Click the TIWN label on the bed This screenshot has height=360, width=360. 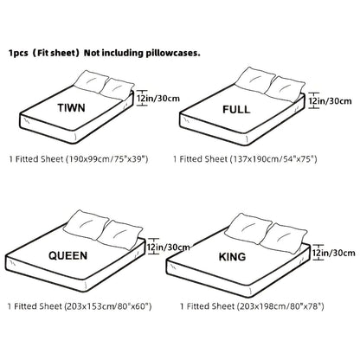(71, 108)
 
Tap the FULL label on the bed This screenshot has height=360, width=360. (236, 110)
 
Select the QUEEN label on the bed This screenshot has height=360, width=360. (67, 255)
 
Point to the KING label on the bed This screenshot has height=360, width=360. (232, 257)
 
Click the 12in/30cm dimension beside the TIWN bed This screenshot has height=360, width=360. (158, 99)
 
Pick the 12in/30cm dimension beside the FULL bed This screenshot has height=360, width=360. (331, 101)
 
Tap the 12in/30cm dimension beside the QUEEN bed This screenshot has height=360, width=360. (169, 247)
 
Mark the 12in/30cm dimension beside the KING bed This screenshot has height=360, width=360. (334, 253)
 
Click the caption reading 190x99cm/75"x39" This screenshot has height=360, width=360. (107, 159)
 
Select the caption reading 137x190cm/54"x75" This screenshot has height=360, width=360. (273, 159)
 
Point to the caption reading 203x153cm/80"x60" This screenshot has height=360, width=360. (108, 306)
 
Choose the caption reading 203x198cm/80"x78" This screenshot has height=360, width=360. (280, 306)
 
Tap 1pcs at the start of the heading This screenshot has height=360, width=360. (18, 54)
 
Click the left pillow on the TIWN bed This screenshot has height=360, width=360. (90, 81)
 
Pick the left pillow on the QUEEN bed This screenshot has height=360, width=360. (86, 225)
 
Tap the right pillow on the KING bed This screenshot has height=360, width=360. (284, 239)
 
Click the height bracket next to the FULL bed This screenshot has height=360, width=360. (314, 100)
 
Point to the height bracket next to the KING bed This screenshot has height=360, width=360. (318, 253)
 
